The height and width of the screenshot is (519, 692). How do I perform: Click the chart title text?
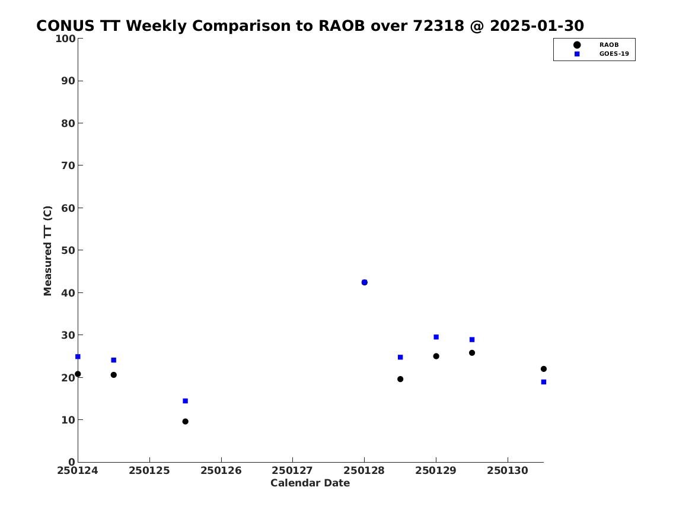tap(310, 26)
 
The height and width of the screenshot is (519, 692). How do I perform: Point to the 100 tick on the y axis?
tap(65, 39)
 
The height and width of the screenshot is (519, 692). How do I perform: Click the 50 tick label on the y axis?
tap(68, 250)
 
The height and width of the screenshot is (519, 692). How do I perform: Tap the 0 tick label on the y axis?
tap(72, 462)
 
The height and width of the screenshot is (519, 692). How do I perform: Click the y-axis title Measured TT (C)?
tap(47, 251)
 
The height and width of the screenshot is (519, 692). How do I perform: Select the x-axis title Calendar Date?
tap(310, 483)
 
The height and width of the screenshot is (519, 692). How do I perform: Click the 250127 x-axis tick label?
tap(292, 471)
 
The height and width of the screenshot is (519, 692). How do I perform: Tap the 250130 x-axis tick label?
tap(508, 471)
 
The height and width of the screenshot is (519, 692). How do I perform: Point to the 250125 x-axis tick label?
tap(149, 471)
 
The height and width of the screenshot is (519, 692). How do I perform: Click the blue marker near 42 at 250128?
tap(365, 282)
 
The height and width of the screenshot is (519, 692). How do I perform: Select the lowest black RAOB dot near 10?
tap(186, 422)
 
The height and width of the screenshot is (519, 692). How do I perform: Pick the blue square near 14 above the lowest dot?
tap(186, 401)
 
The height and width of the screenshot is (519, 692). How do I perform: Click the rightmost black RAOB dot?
tap(544, 369)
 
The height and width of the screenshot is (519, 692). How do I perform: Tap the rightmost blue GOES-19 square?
tap(544, 382)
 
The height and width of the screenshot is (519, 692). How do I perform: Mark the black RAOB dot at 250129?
tap(436, 356)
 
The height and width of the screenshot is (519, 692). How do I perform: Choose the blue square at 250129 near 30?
tap(436, 337)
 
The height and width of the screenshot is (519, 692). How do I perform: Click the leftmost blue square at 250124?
tap(78, 356)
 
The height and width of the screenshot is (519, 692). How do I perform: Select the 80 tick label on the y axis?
tap(68, 123)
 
